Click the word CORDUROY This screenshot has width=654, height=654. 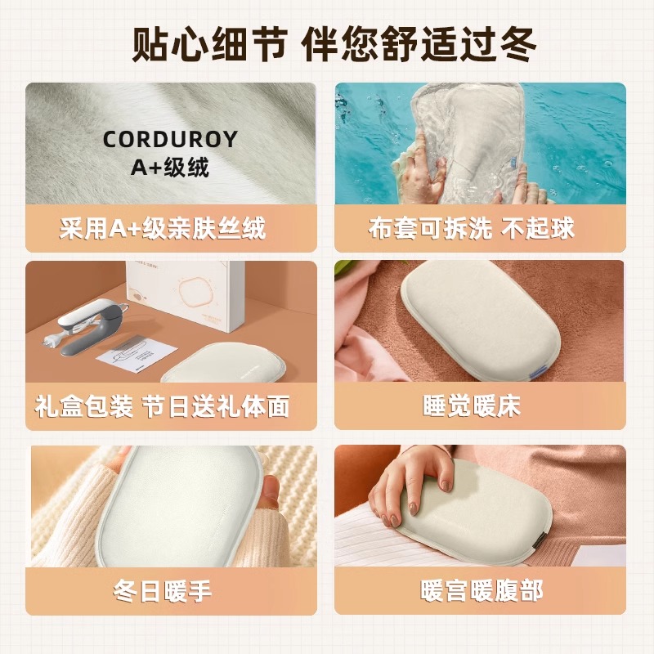[170, 140]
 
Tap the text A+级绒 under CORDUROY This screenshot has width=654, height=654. [170, 168]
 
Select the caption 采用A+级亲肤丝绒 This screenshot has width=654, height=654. [163, 228]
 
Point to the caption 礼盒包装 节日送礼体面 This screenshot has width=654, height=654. [163, 405]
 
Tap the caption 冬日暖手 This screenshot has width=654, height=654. [163, 589]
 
